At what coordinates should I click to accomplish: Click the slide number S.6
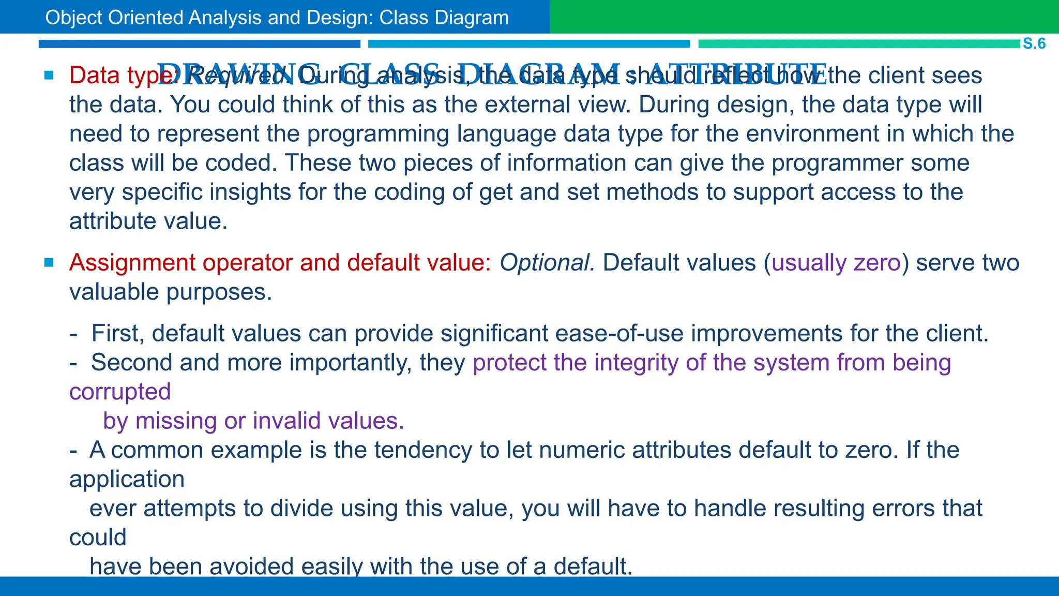pyautogui.click(x=1034, y=43)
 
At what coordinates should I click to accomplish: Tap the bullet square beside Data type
pyautogui.click(x=49, y=76)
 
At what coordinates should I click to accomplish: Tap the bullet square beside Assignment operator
pyautogui.click(x=49, y=263)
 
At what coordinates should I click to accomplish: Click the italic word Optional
pyautogui.click(x=547, y=263)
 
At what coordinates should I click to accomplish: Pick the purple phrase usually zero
pyautogui.click(x=836, y=263)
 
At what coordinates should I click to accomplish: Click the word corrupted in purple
pyautogui.click(x=120, y=392)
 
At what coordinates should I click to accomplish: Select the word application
pyautogui.click(x=127, y=479)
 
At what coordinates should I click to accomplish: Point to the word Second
pyautogui.click(x=131, y=363)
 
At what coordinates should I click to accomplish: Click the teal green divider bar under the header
pyautogui.click(x=858, y=44)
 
